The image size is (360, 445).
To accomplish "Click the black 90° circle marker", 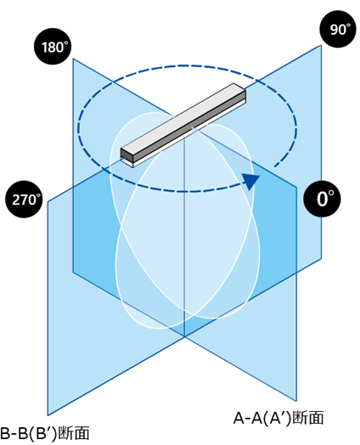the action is pyautogui.click(x=338, y=29).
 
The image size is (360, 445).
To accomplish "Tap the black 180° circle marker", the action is pyautogui.click(x=53, y=46).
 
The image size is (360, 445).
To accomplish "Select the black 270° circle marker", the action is pyautogui.click(x=24, y=200).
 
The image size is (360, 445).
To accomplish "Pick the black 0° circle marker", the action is pyautogui.click(x=322, y=199).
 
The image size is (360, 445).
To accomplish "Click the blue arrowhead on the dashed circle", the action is pyautogui.click(x=250, y=182).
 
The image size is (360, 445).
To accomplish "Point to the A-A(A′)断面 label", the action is pyautogui.click(x=278, y=418).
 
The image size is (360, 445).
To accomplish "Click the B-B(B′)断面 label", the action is pyautogui.click(x=44, y=433).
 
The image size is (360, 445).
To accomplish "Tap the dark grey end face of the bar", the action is pyautogui.click(x=124, y=154).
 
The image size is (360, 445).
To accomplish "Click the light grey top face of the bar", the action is pyautogui.click(x=183, y=119).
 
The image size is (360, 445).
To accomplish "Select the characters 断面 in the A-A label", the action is pyautogui.click(x=308, y=418).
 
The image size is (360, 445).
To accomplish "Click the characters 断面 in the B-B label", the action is pyautogui.click(x=74, y=433).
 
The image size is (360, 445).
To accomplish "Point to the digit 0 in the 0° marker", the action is pyautogui.click(x=322, y=200).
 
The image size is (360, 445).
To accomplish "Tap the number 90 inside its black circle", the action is pyautogui.click(x=338, y=30).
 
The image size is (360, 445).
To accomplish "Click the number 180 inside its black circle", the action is pyautogui.click(x=52, y=48).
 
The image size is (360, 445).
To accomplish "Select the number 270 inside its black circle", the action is pyautogui.click(x=24, y=200).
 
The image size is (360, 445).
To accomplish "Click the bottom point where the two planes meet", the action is pyautogui.click(x=185, y=336).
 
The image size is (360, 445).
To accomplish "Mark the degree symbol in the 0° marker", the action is pyautogui.click(x=331, y=194).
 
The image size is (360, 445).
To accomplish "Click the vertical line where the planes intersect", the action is pyautogui.click(x=185, y=236).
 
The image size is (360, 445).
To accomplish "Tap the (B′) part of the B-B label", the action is pyautogui.click(x=44, y=434).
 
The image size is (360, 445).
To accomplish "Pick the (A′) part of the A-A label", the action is pyautogui.click(x=278, y=419).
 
